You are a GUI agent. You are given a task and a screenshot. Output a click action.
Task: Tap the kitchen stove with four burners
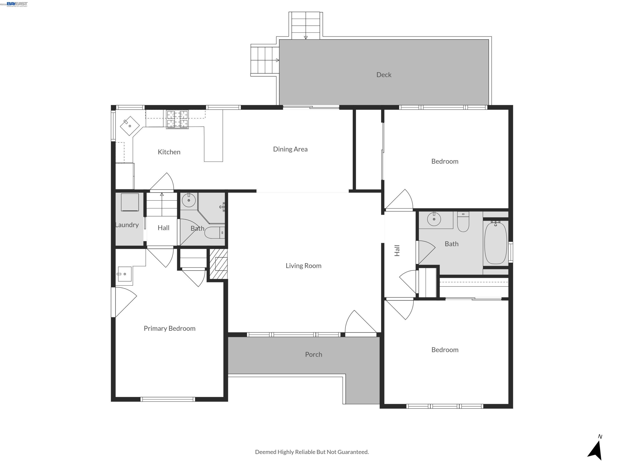(177, 119)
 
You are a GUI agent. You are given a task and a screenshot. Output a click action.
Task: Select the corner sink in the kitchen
(130, 126)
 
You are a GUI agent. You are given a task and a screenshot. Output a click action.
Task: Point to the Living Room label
(303, 266)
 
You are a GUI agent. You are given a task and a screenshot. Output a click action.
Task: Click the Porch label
(313, 355)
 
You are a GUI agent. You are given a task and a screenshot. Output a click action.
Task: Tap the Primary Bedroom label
(169, 328)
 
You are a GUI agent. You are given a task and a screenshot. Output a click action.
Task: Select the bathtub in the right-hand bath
(495, 243)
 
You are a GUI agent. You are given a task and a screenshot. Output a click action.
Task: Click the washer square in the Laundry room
(130, 202)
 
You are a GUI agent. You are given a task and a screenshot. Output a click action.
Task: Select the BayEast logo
(17, 4)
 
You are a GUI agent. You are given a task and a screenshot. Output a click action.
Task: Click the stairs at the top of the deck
(306, 25)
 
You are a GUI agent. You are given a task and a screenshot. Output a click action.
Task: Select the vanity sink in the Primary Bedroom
(124, 274)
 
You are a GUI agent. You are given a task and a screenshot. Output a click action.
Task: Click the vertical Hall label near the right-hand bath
(397, 250)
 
